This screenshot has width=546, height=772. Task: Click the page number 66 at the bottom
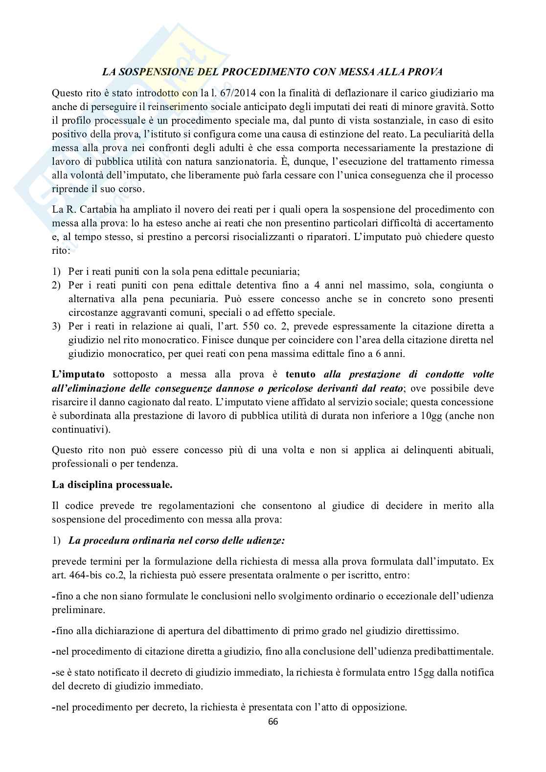[273, 721]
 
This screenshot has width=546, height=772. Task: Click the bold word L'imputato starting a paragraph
[78, 375]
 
